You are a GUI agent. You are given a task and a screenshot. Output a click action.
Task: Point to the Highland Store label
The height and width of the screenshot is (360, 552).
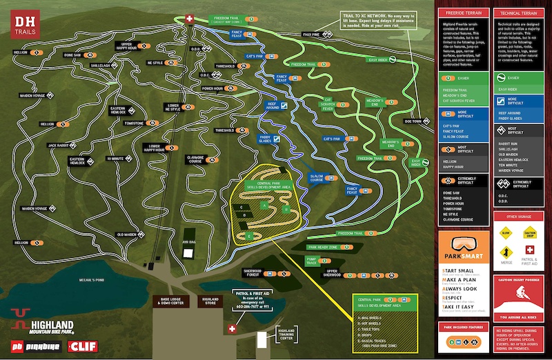[210, 301]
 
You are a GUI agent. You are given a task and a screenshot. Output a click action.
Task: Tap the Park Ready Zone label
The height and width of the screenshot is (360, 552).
[322, 247]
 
